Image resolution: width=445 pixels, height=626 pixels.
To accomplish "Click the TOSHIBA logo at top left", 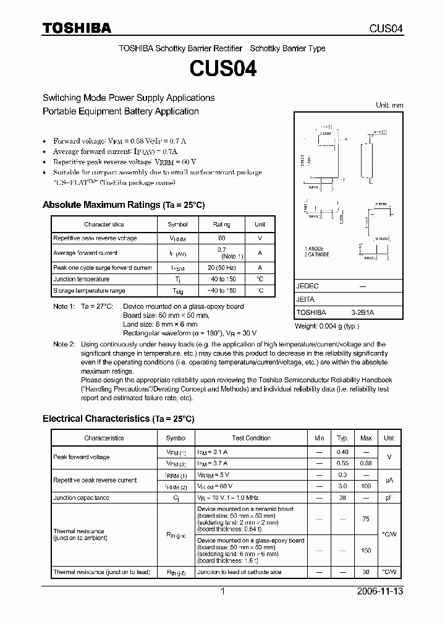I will pyautogui.click(x=77, y=28).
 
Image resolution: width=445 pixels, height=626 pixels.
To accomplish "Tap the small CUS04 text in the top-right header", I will pyautogui.click(x=386, y=28).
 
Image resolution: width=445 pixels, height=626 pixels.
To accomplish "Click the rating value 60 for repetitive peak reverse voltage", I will pyautogui.click(x=221, y=238).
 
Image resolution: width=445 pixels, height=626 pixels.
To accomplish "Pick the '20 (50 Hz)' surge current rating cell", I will pyautogui.click(x=221, y=267).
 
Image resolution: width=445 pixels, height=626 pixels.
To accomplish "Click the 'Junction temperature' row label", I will pyautogui.click(x=81, y=279).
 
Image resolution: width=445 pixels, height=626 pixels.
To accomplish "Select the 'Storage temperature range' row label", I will pyautogui.click(x=89, y=290).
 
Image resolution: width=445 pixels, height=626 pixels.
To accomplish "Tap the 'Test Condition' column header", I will pyautogui.click(x=251, y=438).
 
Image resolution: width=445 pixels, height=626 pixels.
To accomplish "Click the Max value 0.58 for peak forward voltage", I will pyautogui.click(x=366, y=463).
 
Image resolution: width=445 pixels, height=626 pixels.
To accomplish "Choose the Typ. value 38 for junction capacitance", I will pyautogui.click(x=342, y=497).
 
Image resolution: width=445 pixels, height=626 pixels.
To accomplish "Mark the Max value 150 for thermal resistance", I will pyautogui.click(x=366, y=550).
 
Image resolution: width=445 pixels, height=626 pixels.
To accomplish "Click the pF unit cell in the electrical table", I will pyautogui.click(x=389, y=497).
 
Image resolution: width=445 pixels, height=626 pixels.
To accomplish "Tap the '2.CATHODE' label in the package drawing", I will pyautogui.click(x=317, y=254).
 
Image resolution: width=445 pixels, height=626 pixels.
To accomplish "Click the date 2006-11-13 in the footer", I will pyautogui.click(x=381, y=591).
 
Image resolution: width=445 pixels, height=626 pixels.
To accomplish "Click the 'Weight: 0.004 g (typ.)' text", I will pyautogui.click(x=327, y=325).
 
